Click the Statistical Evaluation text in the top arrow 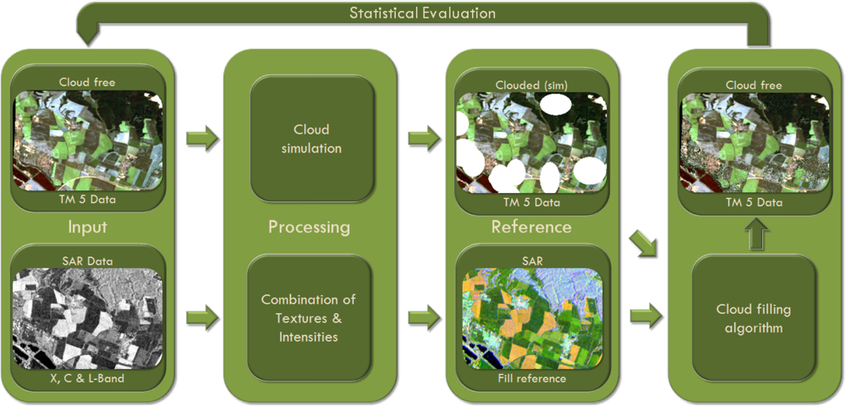coord(423,13)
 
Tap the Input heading coord(88,228)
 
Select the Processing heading coord(310,228)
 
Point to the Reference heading coord(531,227)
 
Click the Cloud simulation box coord(311,139)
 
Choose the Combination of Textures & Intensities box coord(309,318)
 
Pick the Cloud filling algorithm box coord(754,318)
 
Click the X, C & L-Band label coord(87,377)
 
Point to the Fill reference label coord(531,377)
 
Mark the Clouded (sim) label coord(531,84)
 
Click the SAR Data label coord(87,261)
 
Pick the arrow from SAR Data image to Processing coord(201,319)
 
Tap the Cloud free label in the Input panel coord(87,82)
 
